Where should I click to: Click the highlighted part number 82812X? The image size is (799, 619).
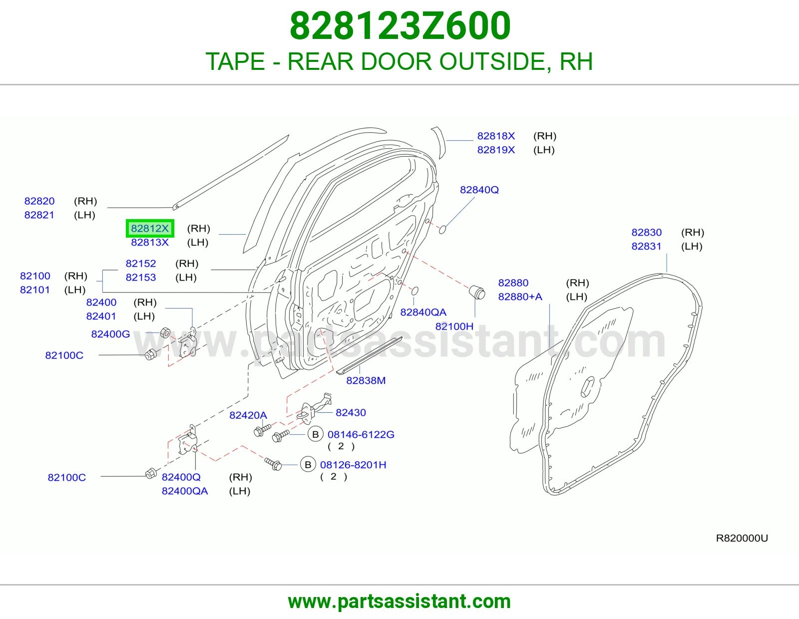(150, 228)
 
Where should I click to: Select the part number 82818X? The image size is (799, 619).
(496, 136)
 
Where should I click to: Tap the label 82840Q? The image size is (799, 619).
(479, 190)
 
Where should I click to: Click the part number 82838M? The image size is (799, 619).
(366, 380)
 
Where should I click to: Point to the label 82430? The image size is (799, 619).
(351, 412)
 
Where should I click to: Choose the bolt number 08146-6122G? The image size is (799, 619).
(361, 434)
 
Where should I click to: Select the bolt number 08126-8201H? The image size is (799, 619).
(353, 465)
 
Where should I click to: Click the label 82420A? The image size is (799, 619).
(248, 415)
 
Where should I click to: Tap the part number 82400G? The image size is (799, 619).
(110, 334)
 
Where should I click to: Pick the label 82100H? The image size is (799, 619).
(454, 326)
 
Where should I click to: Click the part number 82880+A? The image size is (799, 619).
(520, 297)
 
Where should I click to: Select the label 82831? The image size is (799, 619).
(646, 246)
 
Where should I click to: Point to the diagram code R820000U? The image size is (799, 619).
(742, 538)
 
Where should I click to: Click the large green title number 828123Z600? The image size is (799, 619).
(400, 25)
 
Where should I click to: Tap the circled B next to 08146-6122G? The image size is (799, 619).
(315, 434)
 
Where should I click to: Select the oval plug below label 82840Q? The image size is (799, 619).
(442, 230)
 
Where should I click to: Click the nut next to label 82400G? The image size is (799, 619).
(165, 333)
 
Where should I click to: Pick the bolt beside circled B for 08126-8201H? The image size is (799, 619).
(273, 464)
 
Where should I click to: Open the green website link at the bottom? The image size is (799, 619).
(399, 602)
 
